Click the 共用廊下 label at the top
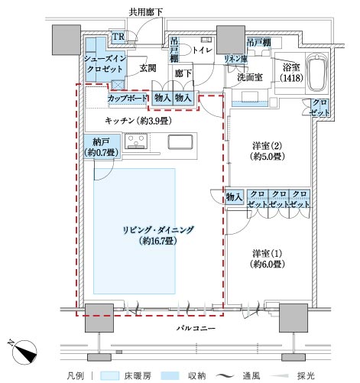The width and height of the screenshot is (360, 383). coord(145,12)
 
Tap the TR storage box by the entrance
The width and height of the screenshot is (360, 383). coord(118,37)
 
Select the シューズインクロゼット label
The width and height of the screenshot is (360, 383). coord(105,63)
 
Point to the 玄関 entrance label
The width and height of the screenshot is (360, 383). coord(148,68)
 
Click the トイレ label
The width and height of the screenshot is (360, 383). coord(202,50)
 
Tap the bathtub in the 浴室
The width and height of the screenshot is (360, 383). coord(317,72)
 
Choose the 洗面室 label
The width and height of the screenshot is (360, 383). coord(250,77)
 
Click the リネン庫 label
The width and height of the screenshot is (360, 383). coord(235,59)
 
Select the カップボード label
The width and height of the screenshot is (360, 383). coord(128,98)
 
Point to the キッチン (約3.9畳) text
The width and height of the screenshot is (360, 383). coord(138,120)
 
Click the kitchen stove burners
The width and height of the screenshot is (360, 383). coord(136,141)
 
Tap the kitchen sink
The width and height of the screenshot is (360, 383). coord(180,142)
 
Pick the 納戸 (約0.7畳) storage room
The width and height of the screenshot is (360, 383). coord(102,147)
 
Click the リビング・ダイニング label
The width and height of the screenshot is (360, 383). coord(158,230)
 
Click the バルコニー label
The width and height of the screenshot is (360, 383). coord(196,328)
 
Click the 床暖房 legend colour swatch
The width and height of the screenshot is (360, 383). coord(109,375)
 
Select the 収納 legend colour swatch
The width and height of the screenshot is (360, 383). coord(170,375)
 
